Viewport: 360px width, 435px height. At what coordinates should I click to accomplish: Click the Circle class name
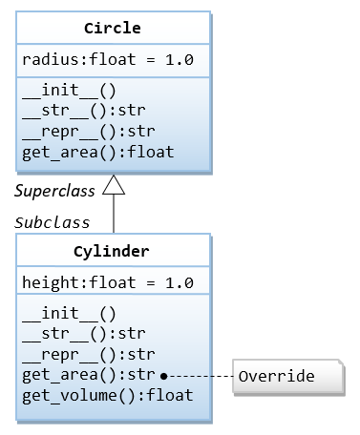pos(114,28)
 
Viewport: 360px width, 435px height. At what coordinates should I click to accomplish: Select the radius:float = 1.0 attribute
pos(107,60)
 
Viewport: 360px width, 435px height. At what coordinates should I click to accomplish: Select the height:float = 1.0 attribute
pos(107,283)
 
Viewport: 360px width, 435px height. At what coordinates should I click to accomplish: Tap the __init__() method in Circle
pos(68,91)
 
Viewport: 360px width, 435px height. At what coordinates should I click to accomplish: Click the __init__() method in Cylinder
pos(68,314)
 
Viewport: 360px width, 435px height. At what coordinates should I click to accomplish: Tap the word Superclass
pos(54,190)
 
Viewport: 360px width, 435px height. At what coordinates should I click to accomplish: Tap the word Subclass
pos(53,222)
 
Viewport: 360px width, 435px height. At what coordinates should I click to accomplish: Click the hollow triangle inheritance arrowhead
pos(114,186)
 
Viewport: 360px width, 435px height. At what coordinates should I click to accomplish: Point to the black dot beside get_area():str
pos(164,376)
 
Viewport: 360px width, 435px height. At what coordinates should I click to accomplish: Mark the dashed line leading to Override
pos(201,376)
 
